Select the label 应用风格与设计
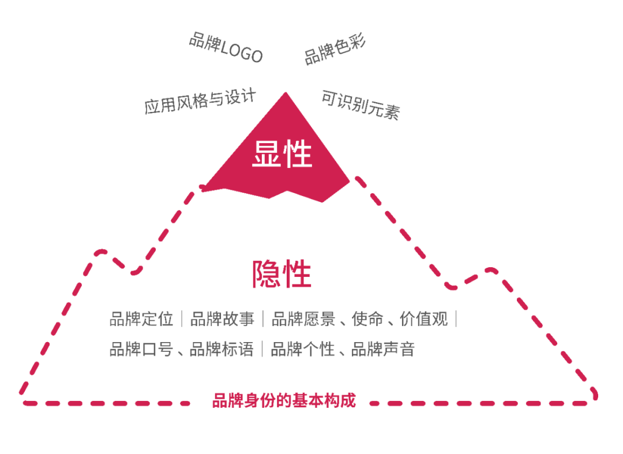tap(200, 102)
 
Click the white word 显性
tap(282, 154)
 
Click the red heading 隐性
tap(282, 274)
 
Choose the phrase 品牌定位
tap(141, 319)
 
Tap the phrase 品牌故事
tap(222, 319)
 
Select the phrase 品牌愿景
tap(303, 319)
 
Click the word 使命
tap(367, 319)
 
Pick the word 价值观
tap(424, 319)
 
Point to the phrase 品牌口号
tap(141, 349)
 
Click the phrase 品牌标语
tap(222, 349)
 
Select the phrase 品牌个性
tap(303, 349)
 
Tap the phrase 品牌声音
tap(384, 349)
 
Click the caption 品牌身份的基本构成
tap(284, 401)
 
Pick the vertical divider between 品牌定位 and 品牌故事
tap(182, 319)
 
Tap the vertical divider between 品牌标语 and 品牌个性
tap(262, 349)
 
